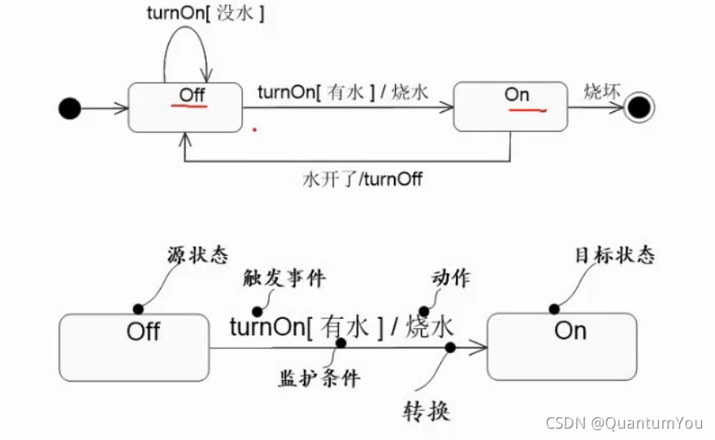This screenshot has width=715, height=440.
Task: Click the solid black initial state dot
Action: (x=71, y=107)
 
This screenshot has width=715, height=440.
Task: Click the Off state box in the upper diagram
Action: (x=185, y=107)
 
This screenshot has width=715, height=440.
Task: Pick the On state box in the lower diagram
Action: (x=561, y=347)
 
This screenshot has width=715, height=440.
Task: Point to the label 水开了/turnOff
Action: (x=362, y=179)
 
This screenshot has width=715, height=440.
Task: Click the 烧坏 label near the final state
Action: (x=602, y=91)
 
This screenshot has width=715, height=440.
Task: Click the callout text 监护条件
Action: (x=318, y=377)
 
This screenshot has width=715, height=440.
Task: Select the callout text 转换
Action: (x=427, y=411)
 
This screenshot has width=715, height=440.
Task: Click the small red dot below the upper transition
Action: (x=254, y=128)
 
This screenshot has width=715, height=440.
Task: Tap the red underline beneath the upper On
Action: (x=526, y=110)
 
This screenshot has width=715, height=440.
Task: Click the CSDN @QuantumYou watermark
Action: (x=624, y=423)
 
